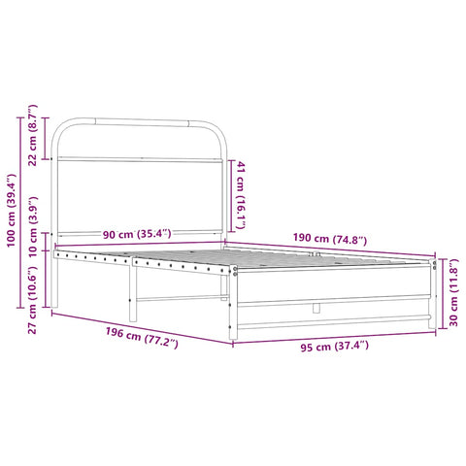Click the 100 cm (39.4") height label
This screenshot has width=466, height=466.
pos(12,212)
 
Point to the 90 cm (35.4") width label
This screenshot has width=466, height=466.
pos(137,233)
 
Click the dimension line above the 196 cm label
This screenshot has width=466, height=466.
pos(141,326)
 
